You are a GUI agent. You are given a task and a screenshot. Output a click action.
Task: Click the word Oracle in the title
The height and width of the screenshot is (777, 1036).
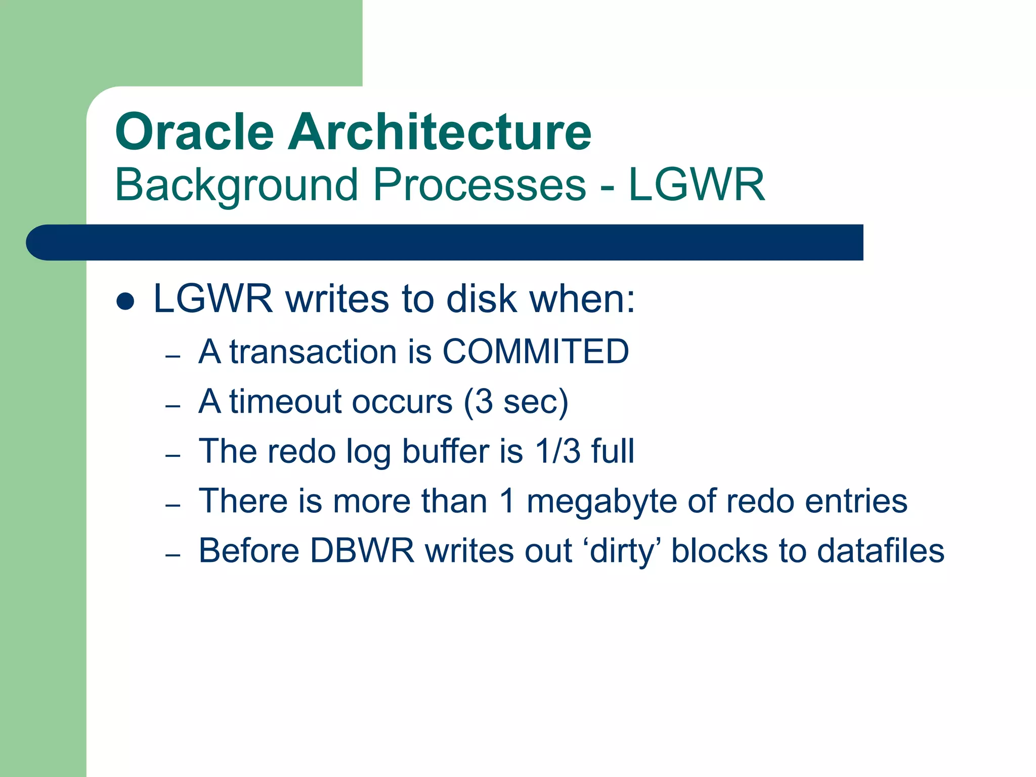click(x=194, y=132)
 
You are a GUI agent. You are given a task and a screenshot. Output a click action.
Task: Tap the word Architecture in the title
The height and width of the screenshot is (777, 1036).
click(x=440, y=132)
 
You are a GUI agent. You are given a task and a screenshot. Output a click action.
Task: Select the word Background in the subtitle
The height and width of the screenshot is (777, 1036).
click(x=237, y=185)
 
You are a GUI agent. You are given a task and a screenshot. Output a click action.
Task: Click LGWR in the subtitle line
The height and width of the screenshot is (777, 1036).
click(x=697, y=185)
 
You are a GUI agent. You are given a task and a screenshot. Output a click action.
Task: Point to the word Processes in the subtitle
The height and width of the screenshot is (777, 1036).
click(x=479, y=185)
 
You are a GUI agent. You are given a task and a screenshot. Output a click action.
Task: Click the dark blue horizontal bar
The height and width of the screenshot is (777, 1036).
click(x=445, y=242)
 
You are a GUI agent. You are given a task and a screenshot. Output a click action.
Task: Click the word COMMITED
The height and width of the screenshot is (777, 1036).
click(x=536, y=351)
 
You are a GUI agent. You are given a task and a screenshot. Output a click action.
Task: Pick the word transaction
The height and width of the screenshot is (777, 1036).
click(x=313, y=351)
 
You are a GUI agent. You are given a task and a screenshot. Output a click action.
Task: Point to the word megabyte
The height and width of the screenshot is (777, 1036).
click(x=601, y=501)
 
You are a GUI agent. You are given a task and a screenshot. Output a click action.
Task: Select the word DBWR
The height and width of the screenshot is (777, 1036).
click(x=362, y=551)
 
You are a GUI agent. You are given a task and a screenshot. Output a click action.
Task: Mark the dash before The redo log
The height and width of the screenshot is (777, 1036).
click(x=173, y=455)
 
